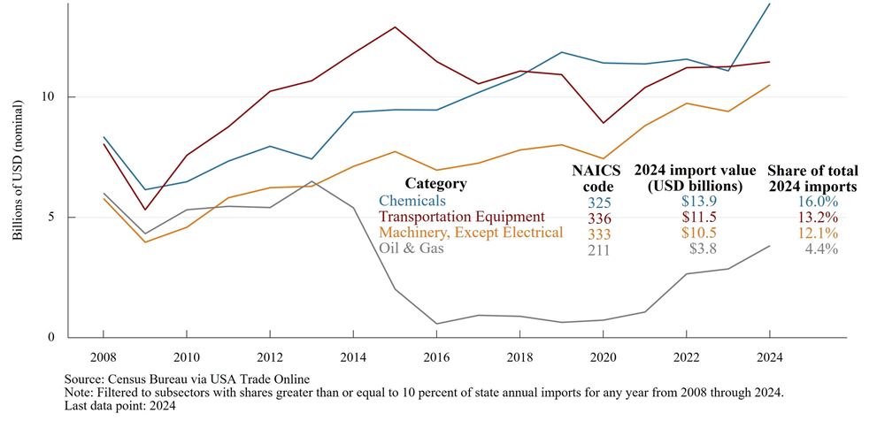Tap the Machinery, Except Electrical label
point(471,233)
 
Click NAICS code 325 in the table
point(596,202)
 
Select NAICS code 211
point(596,249)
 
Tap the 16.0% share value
point(816,202)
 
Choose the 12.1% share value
point(816,233)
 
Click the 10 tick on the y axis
point(50,97)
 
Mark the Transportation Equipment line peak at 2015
point(395,27)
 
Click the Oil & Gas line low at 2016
point(435,324)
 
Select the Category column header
point(435,184)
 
